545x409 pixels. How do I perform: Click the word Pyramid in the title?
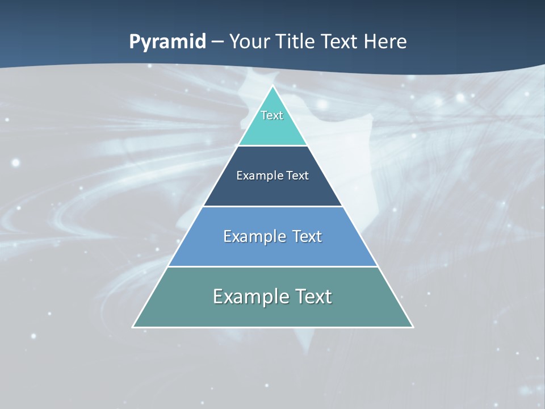click(x=167, y=42)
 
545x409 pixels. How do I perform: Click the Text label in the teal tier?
click(x=272, y=115)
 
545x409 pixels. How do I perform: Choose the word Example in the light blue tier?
click(x=254, y=236)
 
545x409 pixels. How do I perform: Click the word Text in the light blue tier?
click(x=307, y=236)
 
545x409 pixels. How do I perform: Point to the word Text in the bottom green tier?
click(x=313, y=297)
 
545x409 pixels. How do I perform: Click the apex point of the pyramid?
click(x=272, y=86)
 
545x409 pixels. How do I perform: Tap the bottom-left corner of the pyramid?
click(x=133, y=327)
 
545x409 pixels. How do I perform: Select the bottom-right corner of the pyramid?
click(x=413, y=327)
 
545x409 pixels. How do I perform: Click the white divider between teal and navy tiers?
click(x=272, y=146)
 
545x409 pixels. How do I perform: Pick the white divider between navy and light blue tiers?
click(x=272, y=206)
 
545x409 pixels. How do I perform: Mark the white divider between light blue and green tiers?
click(x=272, y=266)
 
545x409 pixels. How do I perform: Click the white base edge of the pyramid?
click(x=272, y=327)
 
